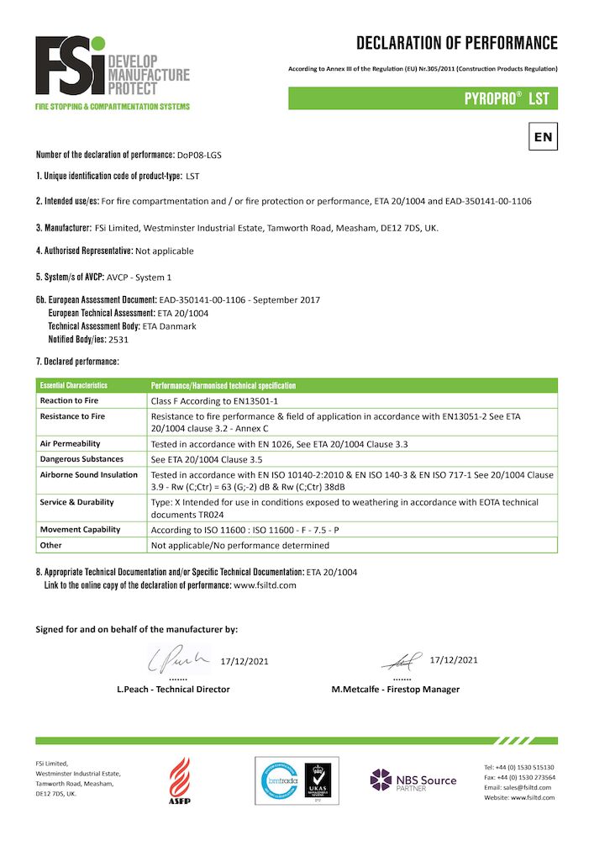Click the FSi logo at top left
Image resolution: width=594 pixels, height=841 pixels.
(x=112, y=72)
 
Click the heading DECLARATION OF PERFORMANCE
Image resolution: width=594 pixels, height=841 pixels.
(x=456, y=43)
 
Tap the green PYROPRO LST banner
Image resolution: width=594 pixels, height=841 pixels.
(x=423, y=98)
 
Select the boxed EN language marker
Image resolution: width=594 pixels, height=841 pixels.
(x=543, y=135)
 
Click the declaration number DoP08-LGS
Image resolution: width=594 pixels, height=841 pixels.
(x=199, y=156)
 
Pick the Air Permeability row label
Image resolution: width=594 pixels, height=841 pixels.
(x=71, y=442)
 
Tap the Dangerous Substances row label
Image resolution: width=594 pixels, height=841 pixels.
(x=81, y=458)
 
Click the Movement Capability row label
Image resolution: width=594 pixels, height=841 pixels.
(x=80, y=529)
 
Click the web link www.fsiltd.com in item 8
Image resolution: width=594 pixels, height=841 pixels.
(x=265, y=584)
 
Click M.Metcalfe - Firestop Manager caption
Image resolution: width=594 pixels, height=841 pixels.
(x=395, y=689)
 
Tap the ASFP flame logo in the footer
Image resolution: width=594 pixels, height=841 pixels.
(x=180, y=780)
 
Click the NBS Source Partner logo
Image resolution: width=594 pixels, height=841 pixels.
(x=413, y=780)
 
